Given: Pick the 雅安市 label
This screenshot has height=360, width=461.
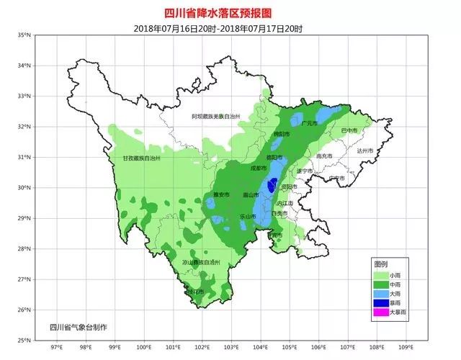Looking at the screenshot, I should coord(220,194).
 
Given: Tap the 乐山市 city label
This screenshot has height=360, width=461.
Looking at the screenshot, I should coord(247,216).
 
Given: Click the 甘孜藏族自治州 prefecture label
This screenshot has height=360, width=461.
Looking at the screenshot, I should coord(141,158).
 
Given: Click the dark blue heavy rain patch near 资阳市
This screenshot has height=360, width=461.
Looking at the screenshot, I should coord(271,186).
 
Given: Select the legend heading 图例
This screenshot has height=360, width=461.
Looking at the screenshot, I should coord(380,264).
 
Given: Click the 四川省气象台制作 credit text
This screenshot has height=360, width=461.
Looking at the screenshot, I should coord(78,327).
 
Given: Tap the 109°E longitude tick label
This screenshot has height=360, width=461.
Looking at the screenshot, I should coord(406,346).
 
